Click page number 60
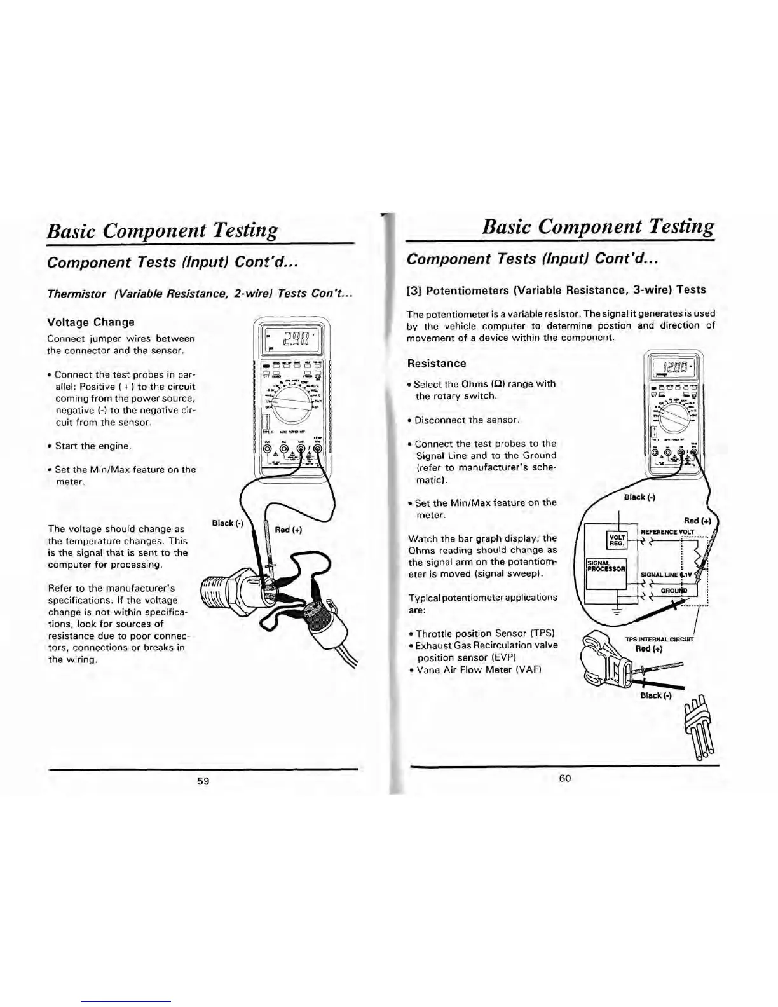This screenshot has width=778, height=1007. pos(565,778)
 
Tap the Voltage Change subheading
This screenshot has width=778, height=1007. pos(91,322)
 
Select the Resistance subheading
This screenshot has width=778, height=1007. pos(436,364)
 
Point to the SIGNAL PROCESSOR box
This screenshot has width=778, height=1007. pos(606,565)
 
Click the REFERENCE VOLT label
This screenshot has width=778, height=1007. pos(667,531)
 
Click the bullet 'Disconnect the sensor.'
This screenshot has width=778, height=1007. pos(467,420)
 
